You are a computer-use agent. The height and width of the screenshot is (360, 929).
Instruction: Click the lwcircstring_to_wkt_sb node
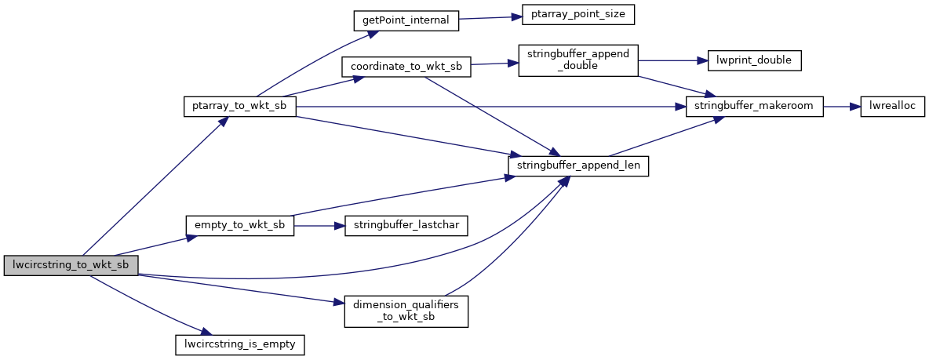point(71,265)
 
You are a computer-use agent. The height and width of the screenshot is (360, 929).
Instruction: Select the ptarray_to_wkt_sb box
point(239,107)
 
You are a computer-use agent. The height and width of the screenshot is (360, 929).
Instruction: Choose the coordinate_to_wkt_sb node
point(406,67)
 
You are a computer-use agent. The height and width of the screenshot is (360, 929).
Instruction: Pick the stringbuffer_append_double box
point(578,60)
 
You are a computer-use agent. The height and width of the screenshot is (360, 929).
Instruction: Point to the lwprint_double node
point(755,60)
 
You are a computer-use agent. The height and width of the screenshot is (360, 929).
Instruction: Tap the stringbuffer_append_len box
point(578,166)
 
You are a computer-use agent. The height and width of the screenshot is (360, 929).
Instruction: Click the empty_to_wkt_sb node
point(239,226)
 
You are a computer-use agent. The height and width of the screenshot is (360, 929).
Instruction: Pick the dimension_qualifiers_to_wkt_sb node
point(406,311)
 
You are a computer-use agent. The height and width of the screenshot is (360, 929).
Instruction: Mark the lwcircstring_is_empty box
point(239,344)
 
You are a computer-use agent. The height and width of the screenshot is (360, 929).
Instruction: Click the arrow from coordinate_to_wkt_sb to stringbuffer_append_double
point(494,64)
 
